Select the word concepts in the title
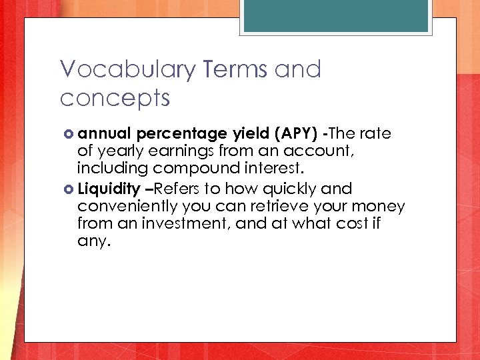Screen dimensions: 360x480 pos(115,99)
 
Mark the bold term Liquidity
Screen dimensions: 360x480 pos(108,189)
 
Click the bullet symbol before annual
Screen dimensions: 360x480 pos(69,134)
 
